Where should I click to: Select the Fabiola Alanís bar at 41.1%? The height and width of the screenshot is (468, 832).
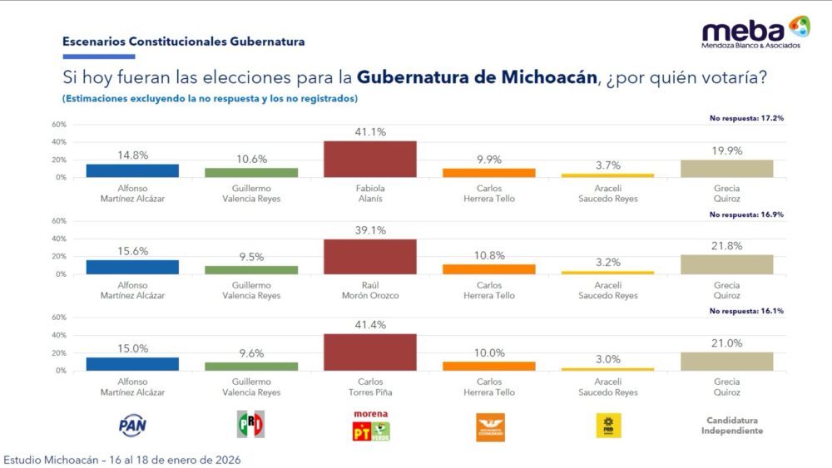pyautogui.click(x=369, y=159)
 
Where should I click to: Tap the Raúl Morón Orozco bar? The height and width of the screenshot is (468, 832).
pyautogui.click(x=369, y=256)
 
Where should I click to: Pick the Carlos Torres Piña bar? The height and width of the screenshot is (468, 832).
pyautogui.click(x=369, y=352)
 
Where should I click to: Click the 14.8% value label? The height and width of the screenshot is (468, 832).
pyautogui.click(x=133, y=154)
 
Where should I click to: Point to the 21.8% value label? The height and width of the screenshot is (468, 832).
pyautogui.click(x=726, y=246)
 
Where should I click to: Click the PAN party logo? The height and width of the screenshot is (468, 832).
pyautogui.click(x=133, y=426)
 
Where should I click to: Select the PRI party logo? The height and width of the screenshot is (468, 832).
pyautogui.click(x=251, y=425)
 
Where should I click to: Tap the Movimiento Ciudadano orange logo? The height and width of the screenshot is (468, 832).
pyautogui.click(x=489, y=427)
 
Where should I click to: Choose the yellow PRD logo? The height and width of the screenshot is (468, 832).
pyautogui.click(x=608, y=426)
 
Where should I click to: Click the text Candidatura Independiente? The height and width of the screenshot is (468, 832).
pyautogui.click(x=726, y=426)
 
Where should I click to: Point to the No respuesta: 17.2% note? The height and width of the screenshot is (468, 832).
pyautogui.click(x=746, y=118)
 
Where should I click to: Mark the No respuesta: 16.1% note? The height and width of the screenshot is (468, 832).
pyautogui.click(x=746, y=311)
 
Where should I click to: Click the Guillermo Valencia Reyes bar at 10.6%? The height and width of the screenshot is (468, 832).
pyautogui.click(x=251, y=172)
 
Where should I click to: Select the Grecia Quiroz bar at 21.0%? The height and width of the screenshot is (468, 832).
pyautogui.click(x=726, y=361)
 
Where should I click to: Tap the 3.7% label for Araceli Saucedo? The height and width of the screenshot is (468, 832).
pyautogui.click(x=608, y=165)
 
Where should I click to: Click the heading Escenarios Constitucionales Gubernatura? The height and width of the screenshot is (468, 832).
pyautogui.click(x=183, y=41)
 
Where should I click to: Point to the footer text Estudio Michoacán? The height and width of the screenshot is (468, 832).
pyautogui.click(x=123, y=459)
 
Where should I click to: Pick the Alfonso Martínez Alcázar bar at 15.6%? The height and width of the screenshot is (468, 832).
pyautogui.click(x=133, y=267)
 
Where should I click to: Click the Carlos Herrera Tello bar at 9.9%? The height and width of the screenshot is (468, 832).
pyautogui.click(x=489, y=173)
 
